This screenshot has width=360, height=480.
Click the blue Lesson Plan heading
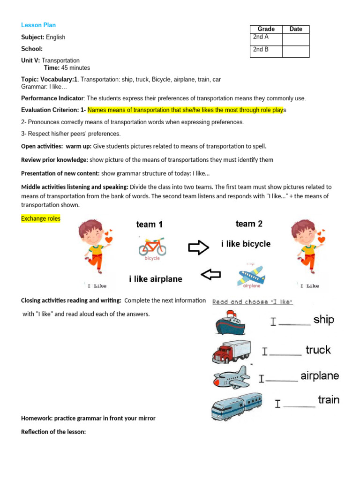point(38,25)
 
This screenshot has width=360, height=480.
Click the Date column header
point(296,29)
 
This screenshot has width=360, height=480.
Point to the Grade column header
point(266,29)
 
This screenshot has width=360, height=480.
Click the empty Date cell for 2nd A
point(296,39)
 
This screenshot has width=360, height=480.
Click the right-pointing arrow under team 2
point(198,248)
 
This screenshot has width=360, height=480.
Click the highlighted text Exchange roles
point(41,218)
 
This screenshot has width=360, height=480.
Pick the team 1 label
point(150,225)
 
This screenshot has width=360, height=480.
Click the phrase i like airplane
point(156,279)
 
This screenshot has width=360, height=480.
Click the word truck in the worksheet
point(318,350)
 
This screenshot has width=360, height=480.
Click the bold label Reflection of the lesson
point(53,432)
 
